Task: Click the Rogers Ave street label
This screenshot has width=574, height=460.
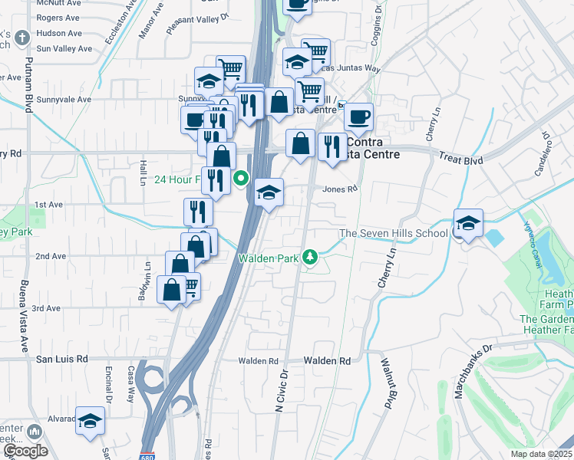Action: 58,18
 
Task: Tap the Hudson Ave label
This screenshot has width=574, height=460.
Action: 59,34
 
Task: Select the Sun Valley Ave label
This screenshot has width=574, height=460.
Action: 64,48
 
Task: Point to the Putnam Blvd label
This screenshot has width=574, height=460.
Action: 28,84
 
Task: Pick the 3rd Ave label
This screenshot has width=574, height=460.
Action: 48,308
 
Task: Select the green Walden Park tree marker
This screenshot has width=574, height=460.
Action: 310,257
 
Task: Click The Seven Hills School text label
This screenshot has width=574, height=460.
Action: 394,233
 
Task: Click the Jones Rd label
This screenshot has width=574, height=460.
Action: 340,189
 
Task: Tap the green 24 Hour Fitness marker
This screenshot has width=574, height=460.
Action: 241,179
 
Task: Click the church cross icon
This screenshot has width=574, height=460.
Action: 23,36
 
